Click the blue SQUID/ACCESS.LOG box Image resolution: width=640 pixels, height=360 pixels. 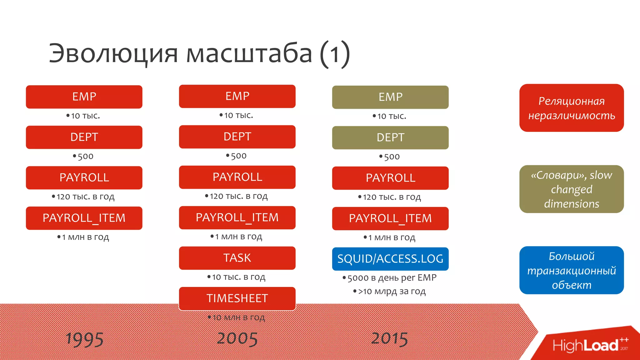[x=390, y=259]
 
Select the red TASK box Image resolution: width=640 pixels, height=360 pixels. [x=237, y=258]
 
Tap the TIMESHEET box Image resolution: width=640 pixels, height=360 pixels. [x=237, y=298]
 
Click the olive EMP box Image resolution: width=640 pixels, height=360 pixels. [x=390, y=97]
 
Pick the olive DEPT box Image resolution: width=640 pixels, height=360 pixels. [x=390, y=137]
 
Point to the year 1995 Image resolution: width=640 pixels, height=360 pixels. [x=84, y=339]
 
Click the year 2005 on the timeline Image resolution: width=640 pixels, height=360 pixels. [x=237, y=339]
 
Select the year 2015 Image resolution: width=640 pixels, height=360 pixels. [x=390, y=339]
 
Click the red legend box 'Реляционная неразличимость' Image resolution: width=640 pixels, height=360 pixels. [x=571, y=108]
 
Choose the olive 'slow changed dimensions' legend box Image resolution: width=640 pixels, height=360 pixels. [x=571, y=189]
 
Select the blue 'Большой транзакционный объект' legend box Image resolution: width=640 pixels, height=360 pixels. [x=571, y=270]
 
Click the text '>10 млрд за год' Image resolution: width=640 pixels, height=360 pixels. [x=392, y=291]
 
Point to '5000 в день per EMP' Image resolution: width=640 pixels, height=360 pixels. [x=392, y=277]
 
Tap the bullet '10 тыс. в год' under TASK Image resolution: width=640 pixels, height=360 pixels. [x=238, y=277]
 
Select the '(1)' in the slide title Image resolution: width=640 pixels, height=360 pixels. [x=334, y=54]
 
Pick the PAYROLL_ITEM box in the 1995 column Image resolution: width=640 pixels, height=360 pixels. [x=84, y=218]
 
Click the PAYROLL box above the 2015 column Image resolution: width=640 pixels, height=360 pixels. [x=390, y=178]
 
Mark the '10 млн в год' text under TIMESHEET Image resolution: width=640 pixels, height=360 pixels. [x=238, y=317]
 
